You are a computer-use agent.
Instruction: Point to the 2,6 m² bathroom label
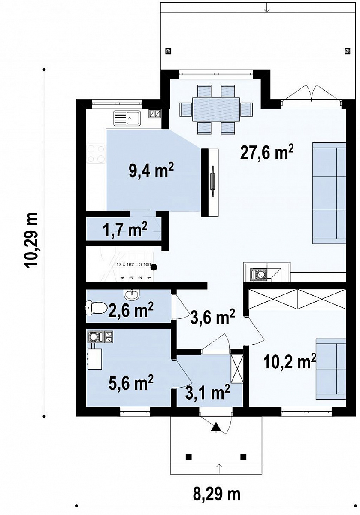coord(130,310)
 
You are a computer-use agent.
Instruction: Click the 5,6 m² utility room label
coord(131,382)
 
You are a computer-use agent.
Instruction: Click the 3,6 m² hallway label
coord(212,317)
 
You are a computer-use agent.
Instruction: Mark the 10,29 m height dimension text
coord(30,240)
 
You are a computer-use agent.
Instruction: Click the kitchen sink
coord(127,118)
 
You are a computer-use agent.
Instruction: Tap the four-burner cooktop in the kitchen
coord(96,154)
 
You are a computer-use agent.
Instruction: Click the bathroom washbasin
coord(131,295)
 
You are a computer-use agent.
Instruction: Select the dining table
coord(216,109)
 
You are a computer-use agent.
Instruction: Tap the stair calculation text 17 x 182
coord(134,265)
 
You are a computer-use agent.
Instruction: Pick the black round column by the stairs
coord(154,267)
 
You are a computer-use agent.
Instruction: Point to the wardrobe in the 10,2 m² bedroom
coord(297,299)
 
